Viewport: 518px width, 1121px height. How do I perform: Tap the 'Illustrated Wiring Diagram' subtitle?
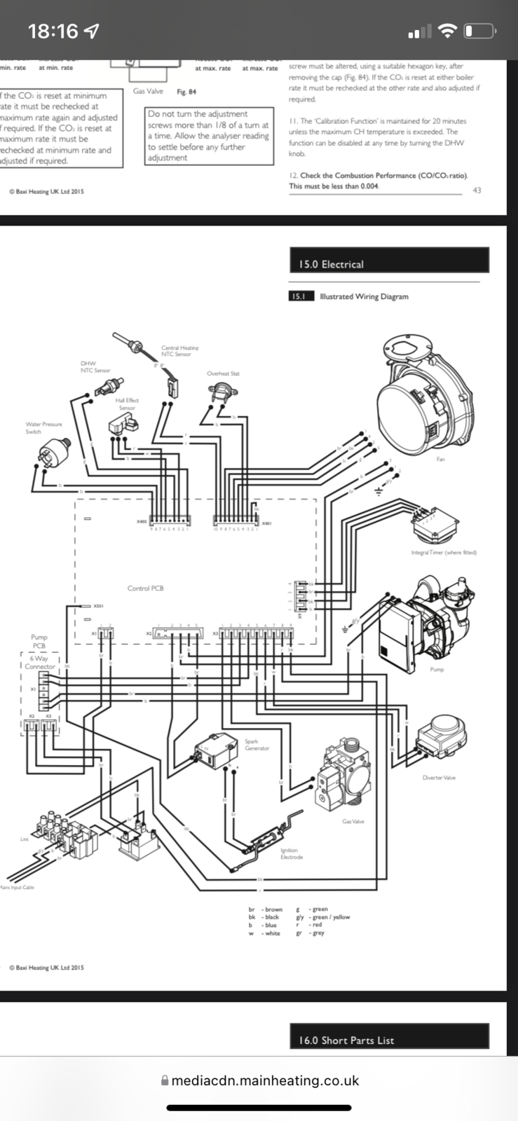pyautogui.click(x=363, y=296)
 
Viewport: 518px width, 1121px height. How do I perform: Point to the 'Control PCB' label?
pyautogui.click(x=145, y=588)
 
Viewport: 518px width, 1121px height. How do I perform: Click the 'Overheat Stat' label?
pyautogui.click(x=223, y=373)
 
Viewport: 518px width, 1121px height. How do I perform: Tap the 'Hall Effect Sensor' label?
pyautogui.click(x=127, y=404)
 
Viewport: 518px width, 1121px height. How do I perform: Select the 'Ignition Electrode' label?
pyautogui.click(x=291, y=853)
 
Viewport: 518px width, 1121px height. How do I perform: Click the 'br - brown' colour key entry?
pyautogui.click(x=266, y=909)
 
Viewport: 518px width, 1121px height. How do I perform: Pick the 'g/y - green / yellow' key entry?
pyautogui.click(x=323, y=917)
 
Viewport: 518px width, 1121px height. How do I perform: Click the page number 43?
pyautogui.click(x=477, y=190)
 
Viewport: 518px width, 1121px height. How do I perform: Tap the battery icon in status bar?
pyautogui.click(x=479, y=31)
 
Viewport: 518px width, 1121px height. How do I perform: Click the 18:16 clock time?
pyautogui.click(x=53, y=31)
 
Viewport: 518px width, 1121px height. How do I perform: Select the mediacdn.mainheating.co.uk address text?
pyautogui.click(x=265, y=1080)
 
